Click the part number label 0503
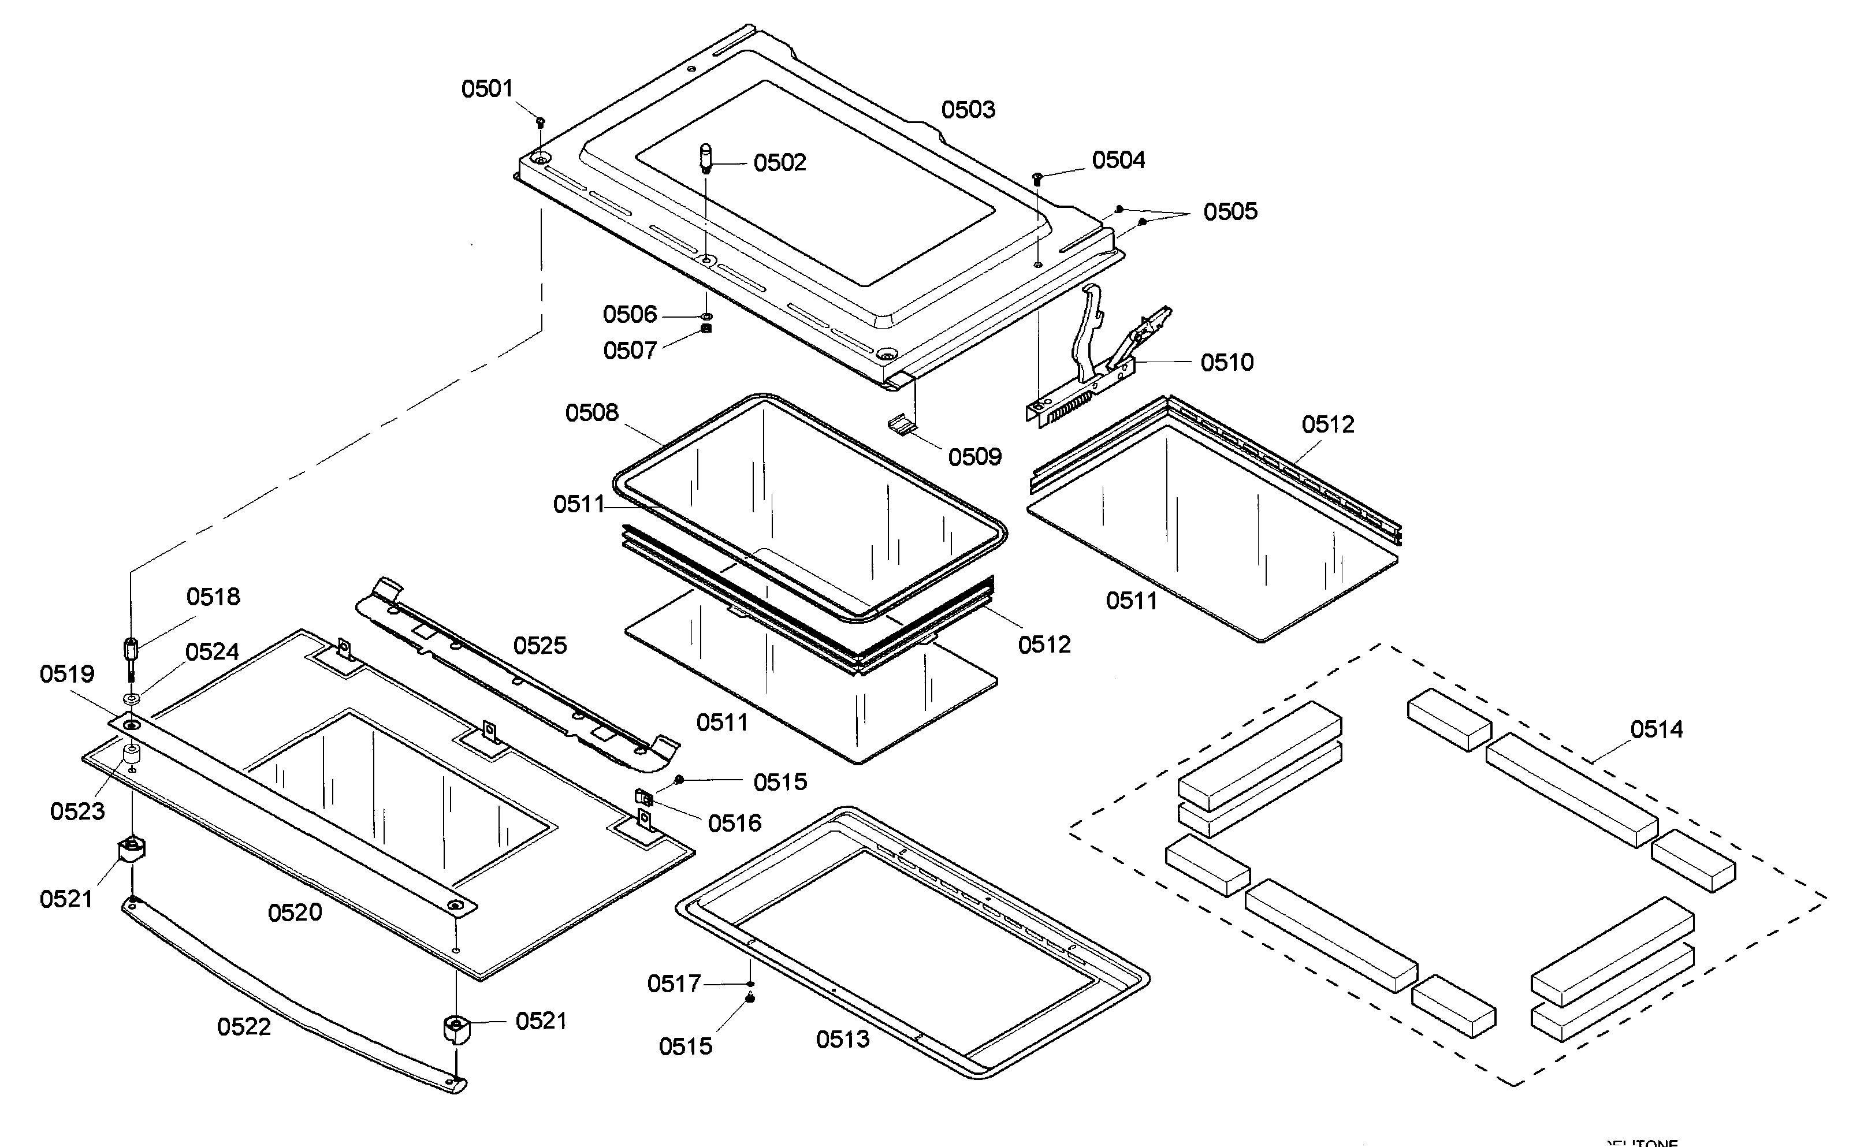(x=968, y=110)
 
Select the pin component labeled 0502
(x=705, y=159)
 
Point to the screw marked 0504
(x=1038, y=178)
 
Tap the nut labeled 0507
(x=706, y=329)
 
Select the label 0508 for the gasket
(x=592, y=413)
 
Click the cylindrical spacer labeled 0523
(x=132, y=755)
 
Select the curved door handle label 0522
(x=244, y=1026)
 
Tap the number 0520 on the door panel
(x=295, y=912)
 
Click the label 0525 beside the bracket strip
(x=540, y=646)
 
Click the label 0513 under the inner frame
(x=842, y=1038)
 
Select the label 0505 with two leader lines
(x=1230, y=211)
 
